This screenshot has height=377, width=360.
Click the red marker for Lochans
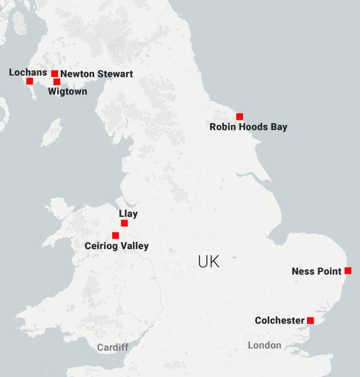click(x=30, y=81)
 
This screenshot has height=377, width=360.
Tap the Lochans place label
click(x=28, y=72)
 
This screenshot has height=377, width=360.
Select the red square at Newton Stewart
click(x=55, y=74)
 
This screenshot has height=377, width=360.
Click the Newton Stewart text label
click(x=96, y=74)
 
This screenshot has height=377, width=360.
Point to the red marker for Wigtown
click(x=57, y=82)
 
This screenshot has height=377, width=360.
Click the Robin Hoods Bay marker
click(x=240, y=117)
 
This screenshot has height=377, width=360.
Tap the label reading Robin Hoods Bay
click(x=249, y=127)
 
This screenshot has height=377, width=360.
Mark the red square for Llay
click(x=124, y=223)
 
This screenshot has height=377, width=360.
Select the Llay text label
click(x=128, y=214)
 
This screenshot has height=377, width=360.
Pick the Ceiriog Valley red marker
click(x=115, y=235)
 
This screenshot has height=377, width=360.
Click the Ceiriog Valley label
click(x=116, y=246)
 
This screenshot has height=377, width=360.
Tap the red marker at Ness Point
click(x=348, y=270)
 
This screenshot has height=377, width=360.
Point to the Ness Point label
click(x=316, y=272)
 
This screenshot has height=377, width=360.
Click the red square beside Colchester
click(x=310, y=320)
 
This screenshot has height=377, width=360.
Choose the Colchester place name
click(x=280, y=321)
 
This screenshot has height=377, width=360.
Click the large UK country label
click(x=209, y=262)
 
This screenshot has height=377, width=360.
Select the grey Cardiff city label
click(x=113, y=347)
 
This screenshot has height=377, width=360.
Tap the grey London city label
click(x=265, y=345)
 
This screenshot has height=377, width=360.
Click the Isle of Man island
click(x=52, y=132)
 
